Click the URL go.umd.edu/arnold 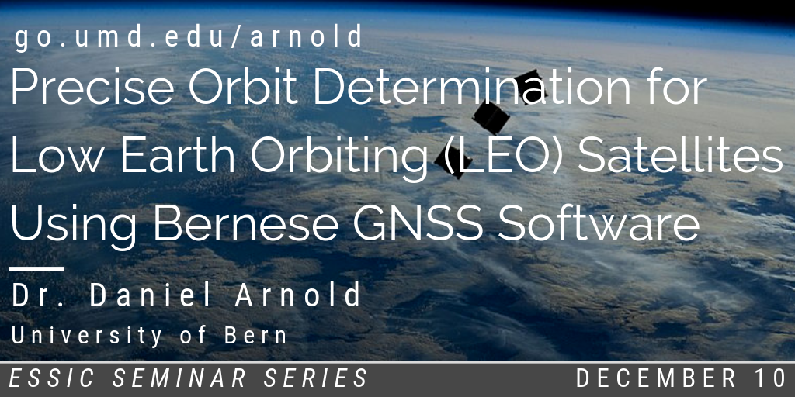tap(189, 37)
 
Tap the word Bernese tap(246, 224)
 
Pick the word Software tap(599, 224)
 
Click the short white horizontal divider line tap(36, 269)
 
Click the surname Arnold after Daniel tap(298, 295)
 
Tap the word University tap(87, 337)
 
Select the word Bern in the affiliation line tap(256, 337)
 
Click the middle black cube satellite tap(491, 118)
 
